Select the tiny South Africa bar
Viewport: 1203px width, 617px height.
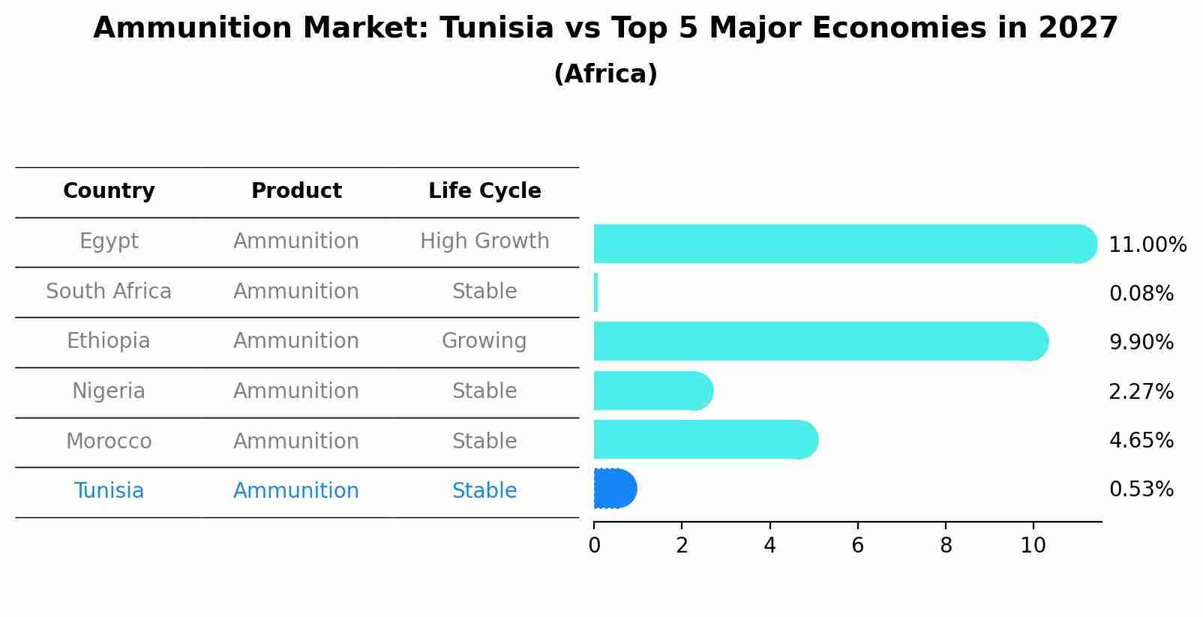coord(596,292)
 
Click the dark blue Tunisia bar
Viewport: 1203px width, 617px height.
coord(614,489)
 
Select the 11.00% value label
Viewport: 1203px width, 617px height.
coord(1147,245)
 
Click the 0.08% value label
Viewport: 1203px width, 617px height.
coord(1141,294)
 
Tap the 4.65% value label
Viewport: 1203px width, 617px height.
coord(1141,440)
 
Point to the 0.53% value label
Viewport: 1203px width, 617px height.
coord(1141,490)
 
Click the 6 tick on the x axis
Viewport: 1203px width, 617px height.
coord(857,546)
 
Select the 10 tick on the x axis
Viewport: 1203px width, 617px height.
coord(1033,546)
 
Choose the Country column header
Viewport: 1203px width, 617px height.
coord(109,191)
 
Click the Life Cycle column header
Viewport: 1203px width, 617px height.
coord(484,191)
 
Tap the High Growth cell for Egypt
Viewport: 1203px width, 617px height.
coord(484,241)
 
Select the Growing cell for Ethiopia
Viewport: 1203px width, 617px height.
coord(484,341)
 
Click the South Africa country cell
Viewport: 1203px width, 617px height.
coord(109,292)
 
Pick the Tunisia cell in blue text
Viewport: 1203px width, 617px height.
coord(109,491)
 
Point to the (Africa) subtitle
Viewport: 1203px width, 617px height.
coord(605,74)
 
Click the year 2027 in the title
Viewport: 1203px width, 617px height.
coord(1078,28)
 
